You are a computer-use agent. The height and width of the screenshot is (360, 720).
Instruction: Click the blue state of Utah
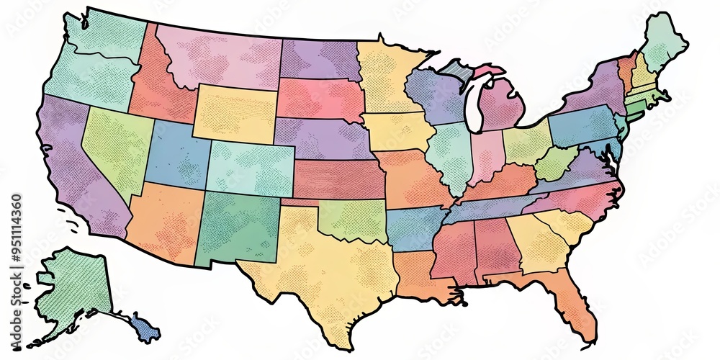click(x=176, y=155)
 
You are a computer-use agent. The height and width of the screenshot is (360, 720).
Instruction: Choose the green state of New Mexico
click(x=238, y=227)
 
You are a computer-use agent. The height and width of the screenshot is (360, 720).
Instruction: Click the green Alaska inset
click(x=72, y=288)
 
